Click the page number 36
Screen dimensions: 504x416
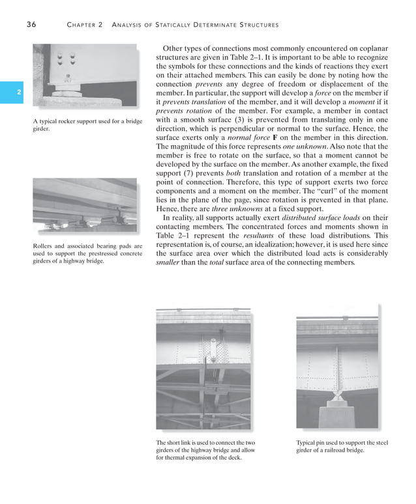coord(31,25)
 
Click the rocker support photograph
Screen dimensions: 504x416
coord(85,77)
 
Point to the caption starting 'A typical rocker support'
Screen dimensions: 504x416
coord(87,125)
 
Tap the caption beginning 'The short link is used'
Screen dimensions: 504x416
coord(203,450)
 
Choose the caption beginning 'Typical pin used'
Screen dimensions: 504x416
coord(341,446)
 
